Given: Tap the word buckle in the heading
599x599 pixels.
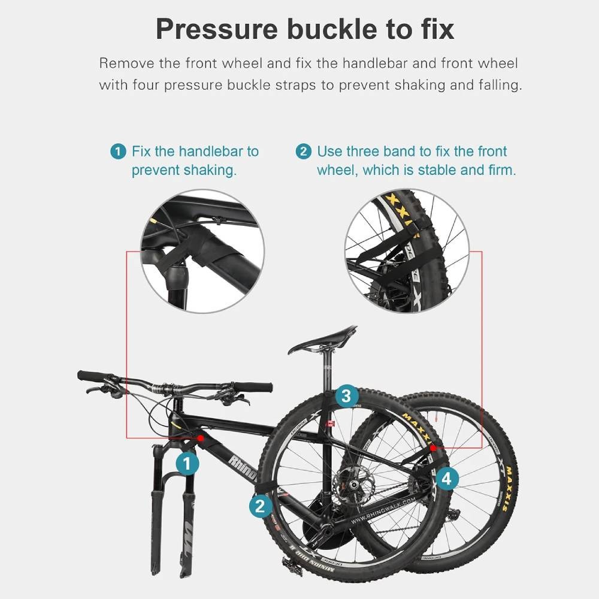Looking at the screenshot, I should pos(340,29).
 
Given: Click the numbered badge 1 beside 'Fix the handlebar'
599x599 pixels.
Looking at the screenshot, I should pos(119,152).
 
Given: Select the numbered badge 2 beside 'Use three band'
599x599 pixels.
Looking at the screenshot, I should pos(304,152).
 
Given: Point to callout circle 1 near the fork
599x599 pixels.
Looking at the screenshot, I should pos(187,463).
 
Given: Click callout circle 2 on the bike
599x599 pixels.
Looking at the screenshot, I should pos(259,506).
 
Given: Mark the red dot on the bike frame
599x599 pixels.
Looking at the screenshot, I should pos(200,439).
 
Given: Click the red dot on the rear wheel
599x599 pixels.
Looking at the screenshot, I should pos(432,447).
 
